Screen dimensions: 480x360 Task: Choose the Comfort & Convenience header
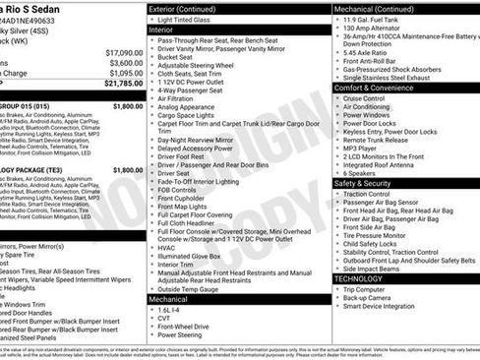click(377, 88)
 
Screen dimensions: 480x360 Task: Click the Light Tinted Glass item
click(190, 20)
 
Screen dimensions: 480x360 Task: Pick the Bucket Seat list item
click(177, 58)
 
